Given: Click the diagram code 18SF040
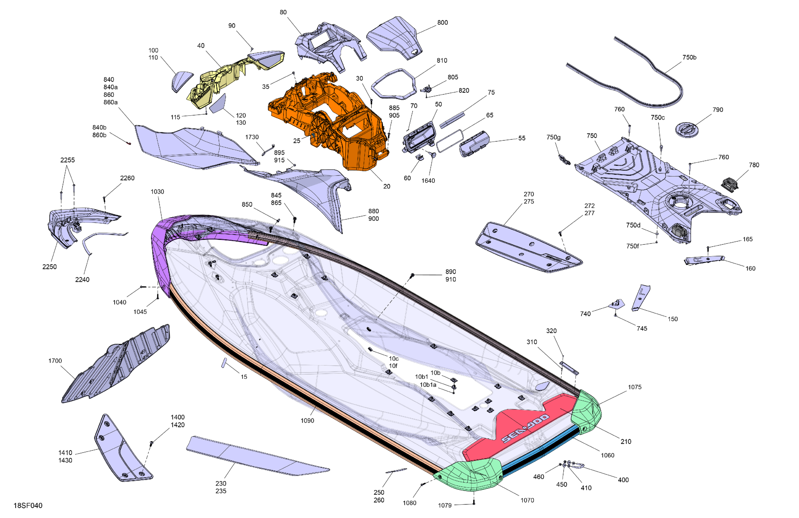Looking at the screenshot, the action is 28,505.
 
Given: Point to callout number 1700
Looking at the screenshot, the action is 55,360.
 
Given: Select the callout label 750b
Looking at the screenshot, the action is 689,57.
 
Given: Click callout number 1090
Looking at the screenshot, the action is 307,420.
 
